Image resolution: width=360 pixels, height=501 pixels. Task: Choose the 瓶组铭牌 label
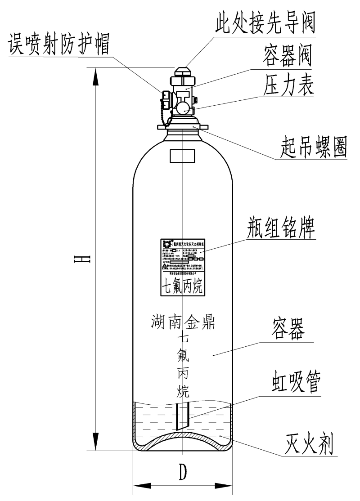tap(281, 228)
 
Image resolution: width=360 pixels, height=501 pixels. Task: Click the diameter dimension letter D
tap(182, 472)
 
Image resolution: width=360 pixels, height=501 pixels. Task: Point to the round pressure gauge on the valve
tap(183, 107)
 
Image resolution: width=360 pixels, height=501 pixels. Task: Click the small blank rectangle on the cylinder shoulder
tap(182, 156)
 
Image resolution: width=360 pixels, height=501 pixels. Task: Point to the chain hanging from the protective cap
tap(170, 118)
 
